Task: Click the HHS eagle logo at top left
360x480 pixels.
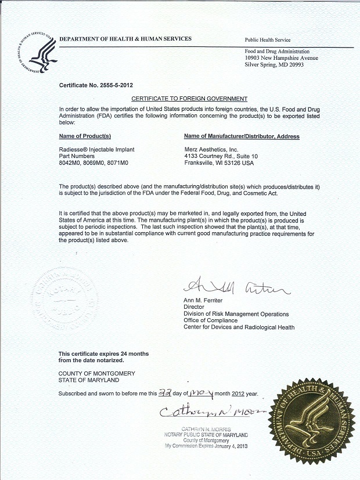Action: (36, 52)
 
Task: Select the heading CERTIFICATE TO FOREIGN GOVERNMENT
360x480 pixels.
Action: (189, 99)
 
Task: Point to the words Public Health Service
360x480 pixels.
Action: (268, 40)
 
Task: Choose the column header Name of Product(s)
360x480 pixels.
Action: (85, 136)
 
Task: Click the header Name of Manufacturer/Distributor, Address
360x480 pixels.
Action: (242, 136)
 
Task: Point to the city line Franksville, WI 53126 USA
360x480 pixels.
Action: (219, 163)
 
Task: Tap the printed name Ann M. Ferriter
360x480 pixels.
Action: (203, 300)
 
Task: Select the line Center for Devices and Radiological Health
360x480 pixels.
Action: (239, 327)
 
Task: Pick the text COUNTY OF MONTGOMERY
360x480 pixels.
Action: (96, 373)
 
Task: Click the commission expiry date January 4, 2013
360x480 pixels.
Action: (229, 446)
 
